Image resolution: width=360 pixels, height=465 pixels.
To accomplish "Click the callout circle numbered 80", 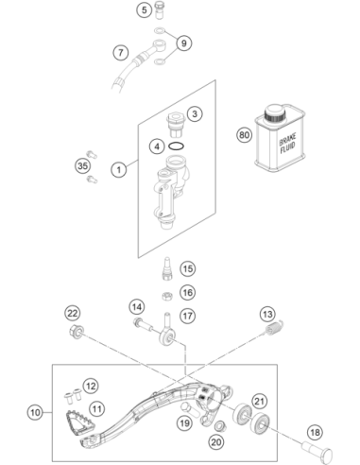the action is pyautogui.click(x=245, y=135).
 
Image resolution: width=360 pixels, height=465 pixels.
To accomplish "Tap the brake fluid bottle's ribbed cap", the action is pyautogui.click(x=275, y=113).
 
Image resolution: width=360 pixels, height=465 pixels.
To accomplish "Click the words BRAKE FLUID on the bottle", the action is pyautogui.click(x=287, y=144).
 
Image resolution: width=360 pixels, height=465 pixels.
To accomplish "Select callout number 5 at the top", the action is pyautogui.click(x=145, y=9).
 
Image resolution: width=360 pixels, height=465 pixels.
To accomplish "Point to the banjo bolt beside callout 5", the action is pyautogui.click(x=161, y=10).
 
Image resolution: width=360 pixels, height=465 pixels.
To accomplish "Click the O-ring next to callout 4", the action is pyautogui.click(x=176, y=146).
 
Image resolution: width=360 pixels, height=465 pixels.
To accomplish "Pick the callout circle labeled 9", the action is pyautogui.click(x=184, y=43).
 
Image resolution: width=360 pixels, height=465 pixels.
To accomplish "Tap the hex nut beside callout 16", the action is pyautogui.click(x=167, y=296).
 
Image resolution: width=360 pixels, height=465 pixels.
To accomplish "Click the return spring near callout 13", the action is pyautogui.click(x=273, y=327).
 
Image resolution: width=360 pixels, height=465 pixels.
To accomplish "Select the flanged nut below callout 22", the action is pyautogui.click(x=77, y=332).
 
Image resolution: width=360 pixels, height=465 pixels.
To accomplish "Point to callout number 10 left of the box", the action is pyautogui.click(x=35, y=412).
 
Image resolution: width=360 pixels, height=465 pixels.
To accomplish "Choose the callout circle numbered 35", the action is pyautogui.click(x=83, y=165).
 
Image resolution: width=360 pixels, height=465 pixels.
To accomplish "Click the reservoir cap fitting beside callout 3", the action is pyautogui.click(x=175, y=125).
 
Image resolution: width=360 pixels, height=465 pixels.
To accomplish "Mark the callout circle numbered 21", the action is pyautogui.click(x=259, y=402).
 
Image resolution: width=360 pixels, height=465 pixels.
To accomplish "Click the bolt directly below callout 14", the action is pyautogui.click(x=145, y=325).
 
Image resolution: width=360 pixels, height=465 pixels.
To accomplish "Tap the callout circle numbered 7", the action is pyautogui.click(x=121, y=52).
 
